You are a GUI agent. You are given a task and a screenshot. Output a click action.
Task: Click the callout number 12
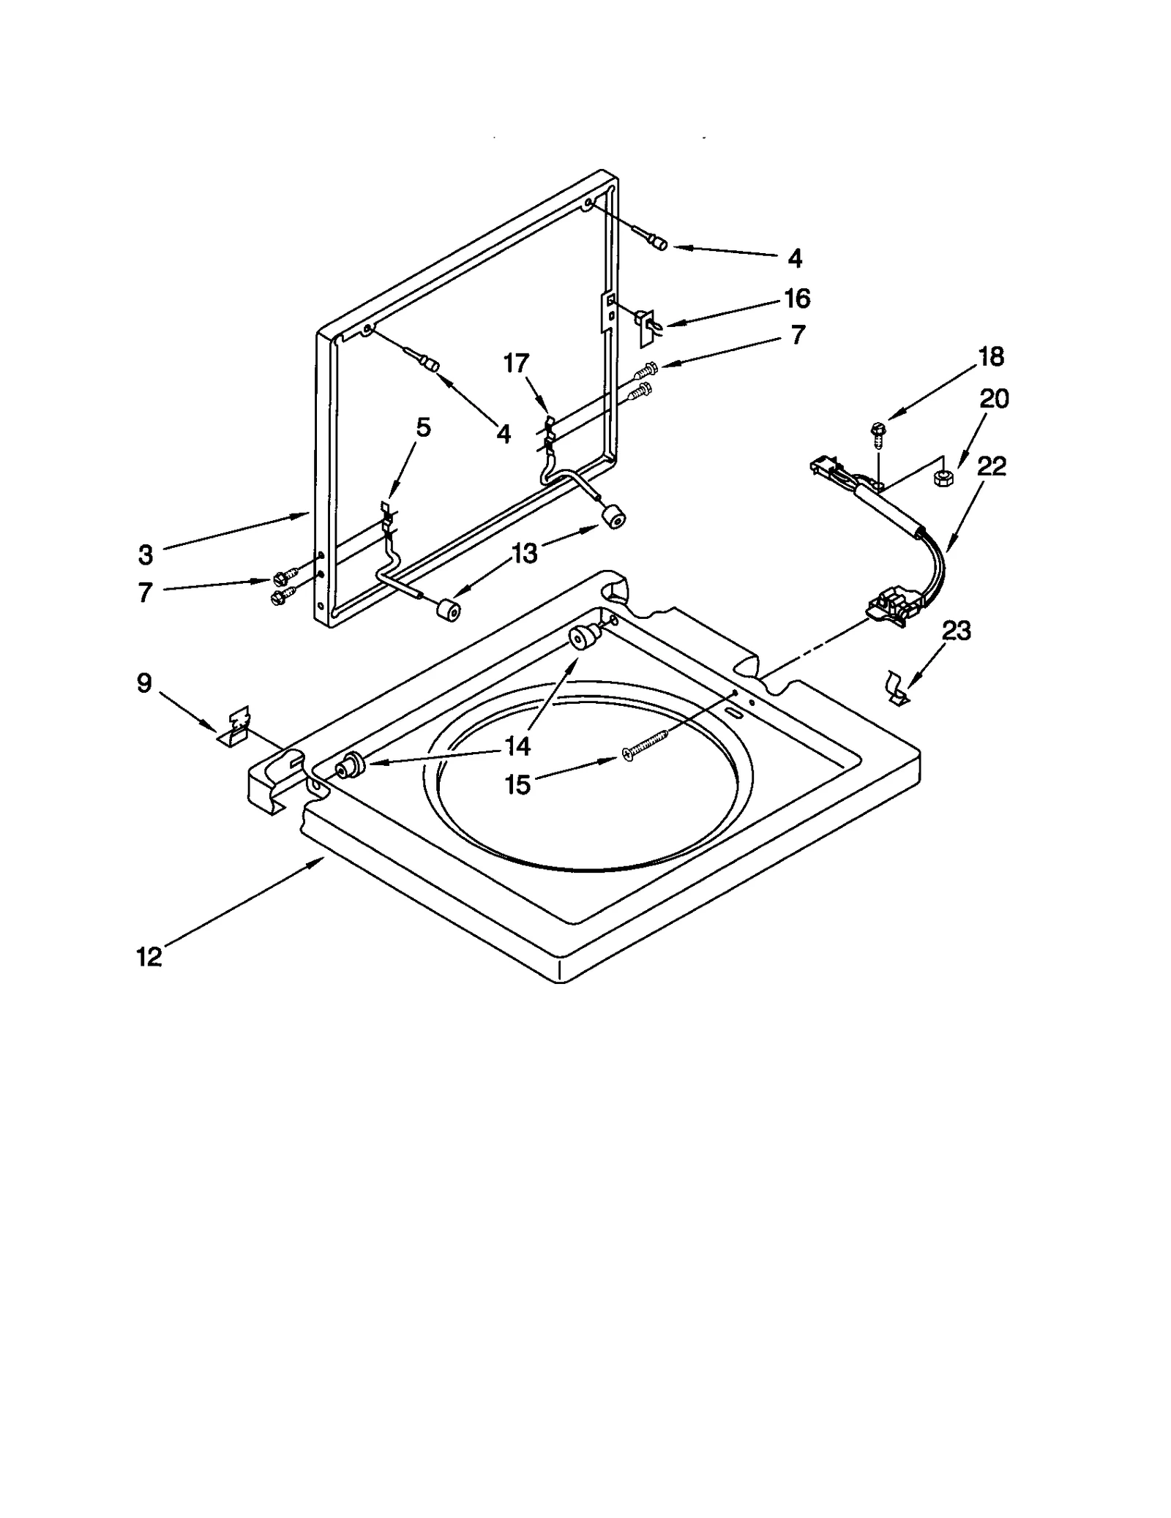click(149, 957)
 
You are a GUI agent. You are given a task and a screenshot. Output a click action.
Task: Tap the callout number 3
click(146, 555)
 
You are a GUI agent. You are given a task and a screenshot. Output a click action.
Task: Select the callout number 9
click(144, 683)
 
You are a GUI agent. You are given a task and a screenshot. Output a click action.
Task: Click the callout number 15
click(517, 785)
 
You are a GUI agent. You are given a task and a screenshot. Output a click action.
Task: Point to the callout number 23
click(956, 630)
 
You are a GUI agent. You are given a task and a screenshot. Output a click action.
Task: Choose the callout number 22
click(992, 466)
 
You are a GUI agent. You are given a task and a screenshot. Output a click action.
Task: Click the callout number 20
click(994, 399)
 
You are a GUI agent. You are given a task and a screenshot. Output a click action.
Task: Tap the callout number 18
click(991, 357)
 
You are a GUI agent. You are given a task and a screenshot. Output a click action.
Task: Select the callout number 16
click(797, 298)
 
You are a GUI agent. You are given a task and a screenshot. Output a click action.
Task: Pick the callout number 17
click(516, 363)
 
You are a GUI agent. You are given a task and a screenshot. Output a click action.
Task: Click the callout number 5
click(424, 427)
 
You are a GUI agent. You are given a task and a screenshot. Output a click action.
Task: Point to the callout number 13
click(524, 554)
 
